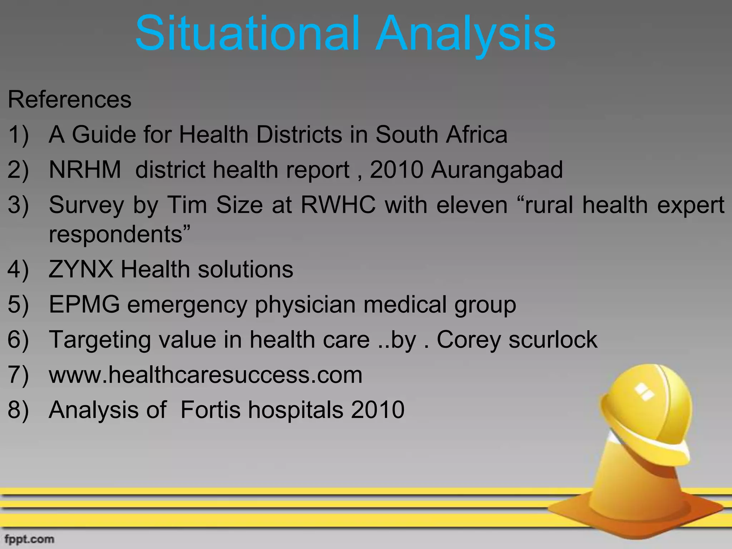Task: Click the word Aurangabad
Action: click(497, 170)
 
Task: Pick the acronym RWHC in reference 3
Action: click(338, 205)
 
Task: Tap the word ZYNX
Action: click(81, 269)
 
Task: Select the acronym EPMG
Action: click(84, 305)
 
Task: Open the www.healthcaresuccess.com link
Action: click(206, 375)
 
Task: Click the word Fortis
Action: click(211, 410)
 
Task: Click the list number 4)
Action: click(18, 269)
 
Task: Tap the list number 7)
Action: click(18, 375)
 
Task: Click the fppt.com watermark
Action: click(29, 539)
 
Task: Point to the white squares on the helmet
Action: click(643, 391)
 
